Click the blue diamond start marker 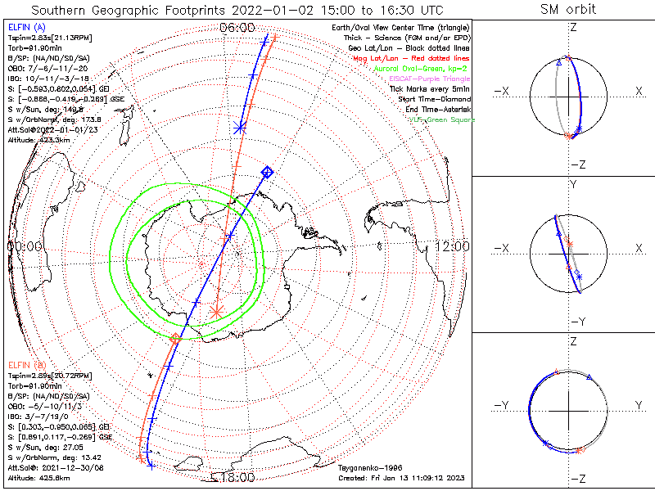(267, 171)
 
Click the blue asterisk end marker (240, 128)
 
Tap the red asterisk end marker (216, 310)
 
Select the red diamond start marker (175, 338)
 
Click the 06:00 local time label (237, 28)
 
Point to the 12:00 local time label (452, 245)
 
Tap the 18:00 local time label (237, 476)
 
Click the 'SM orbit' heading (568, 9)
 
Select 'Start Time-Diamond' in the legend (436, 99)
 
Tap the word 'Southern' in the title (48, 10)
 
